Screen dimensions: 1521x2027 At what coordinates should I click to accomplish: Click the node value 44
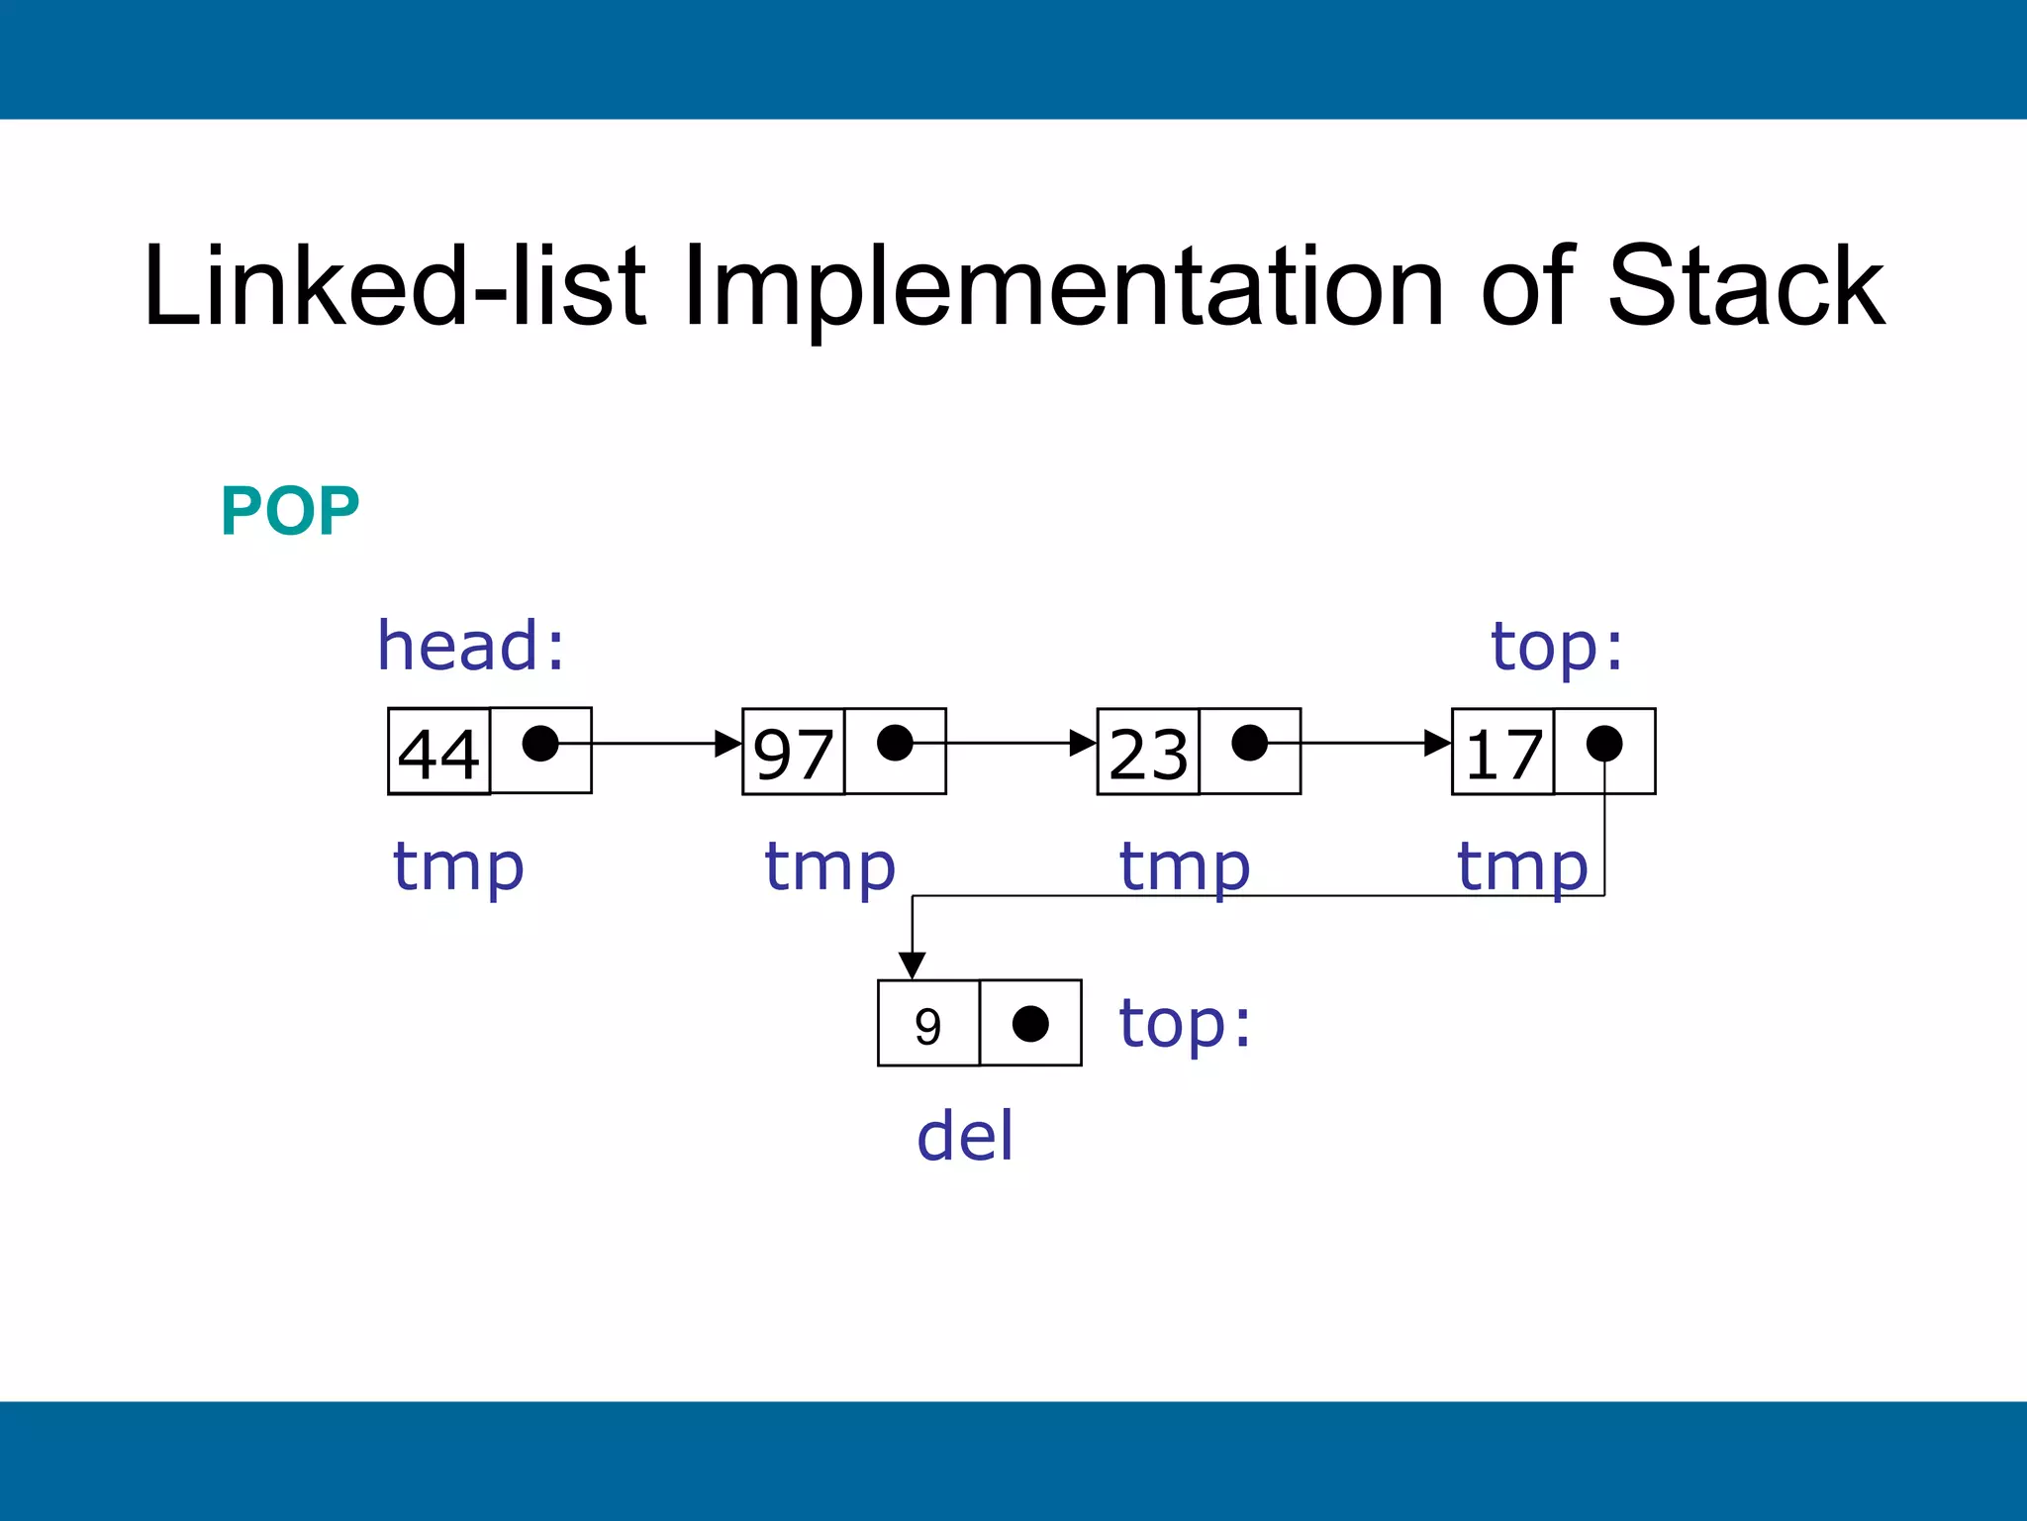438,753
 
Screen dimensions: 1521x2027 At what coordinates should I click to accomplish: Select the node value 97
793,753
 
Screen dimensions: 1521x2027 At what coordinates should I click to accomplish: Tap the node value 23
1148,753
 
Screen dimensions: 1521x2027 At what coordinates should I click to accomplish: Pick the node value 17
1503,753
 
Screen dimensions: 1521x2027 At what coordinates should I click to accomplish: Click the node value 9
927,1026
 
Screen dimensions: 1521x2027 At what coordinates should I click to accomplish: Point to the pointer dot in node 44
540,743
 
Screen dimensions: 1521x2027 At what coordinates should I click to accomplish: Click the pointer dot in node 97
895,743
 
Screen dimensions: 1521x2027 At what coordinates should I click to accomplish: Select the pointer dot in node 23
1249,743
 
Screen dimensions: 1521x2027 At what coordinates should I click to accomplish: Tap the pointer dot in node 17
1603,743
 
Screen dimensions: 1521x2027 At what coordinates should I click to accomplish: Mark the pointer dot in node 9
1030,1024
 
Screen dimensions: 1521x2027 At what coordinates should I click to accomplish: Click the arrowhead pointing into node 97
729,743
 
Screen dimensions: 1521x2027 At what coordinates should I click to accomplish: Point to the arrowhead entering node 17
1438,743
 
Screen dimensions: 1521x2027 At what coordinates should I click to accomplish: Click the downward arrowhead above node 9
912,965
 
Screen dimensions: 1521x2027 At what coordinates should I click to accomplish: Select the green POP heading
290,512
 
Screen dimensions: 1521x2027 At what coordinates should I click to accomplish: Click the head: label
471,646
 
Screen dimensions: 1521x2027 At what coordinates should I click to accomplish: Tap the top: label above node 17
1557,648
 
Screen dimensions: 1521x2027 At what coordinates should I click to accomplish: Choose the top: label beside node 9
1185,1024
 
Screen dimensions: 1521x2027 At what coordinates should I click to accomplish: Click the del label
965,1136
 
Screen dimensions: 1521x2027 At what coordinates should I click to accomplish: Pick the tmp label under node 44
457,867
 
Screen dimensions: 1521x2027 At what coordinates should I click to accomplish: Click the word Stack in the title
1746,287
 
